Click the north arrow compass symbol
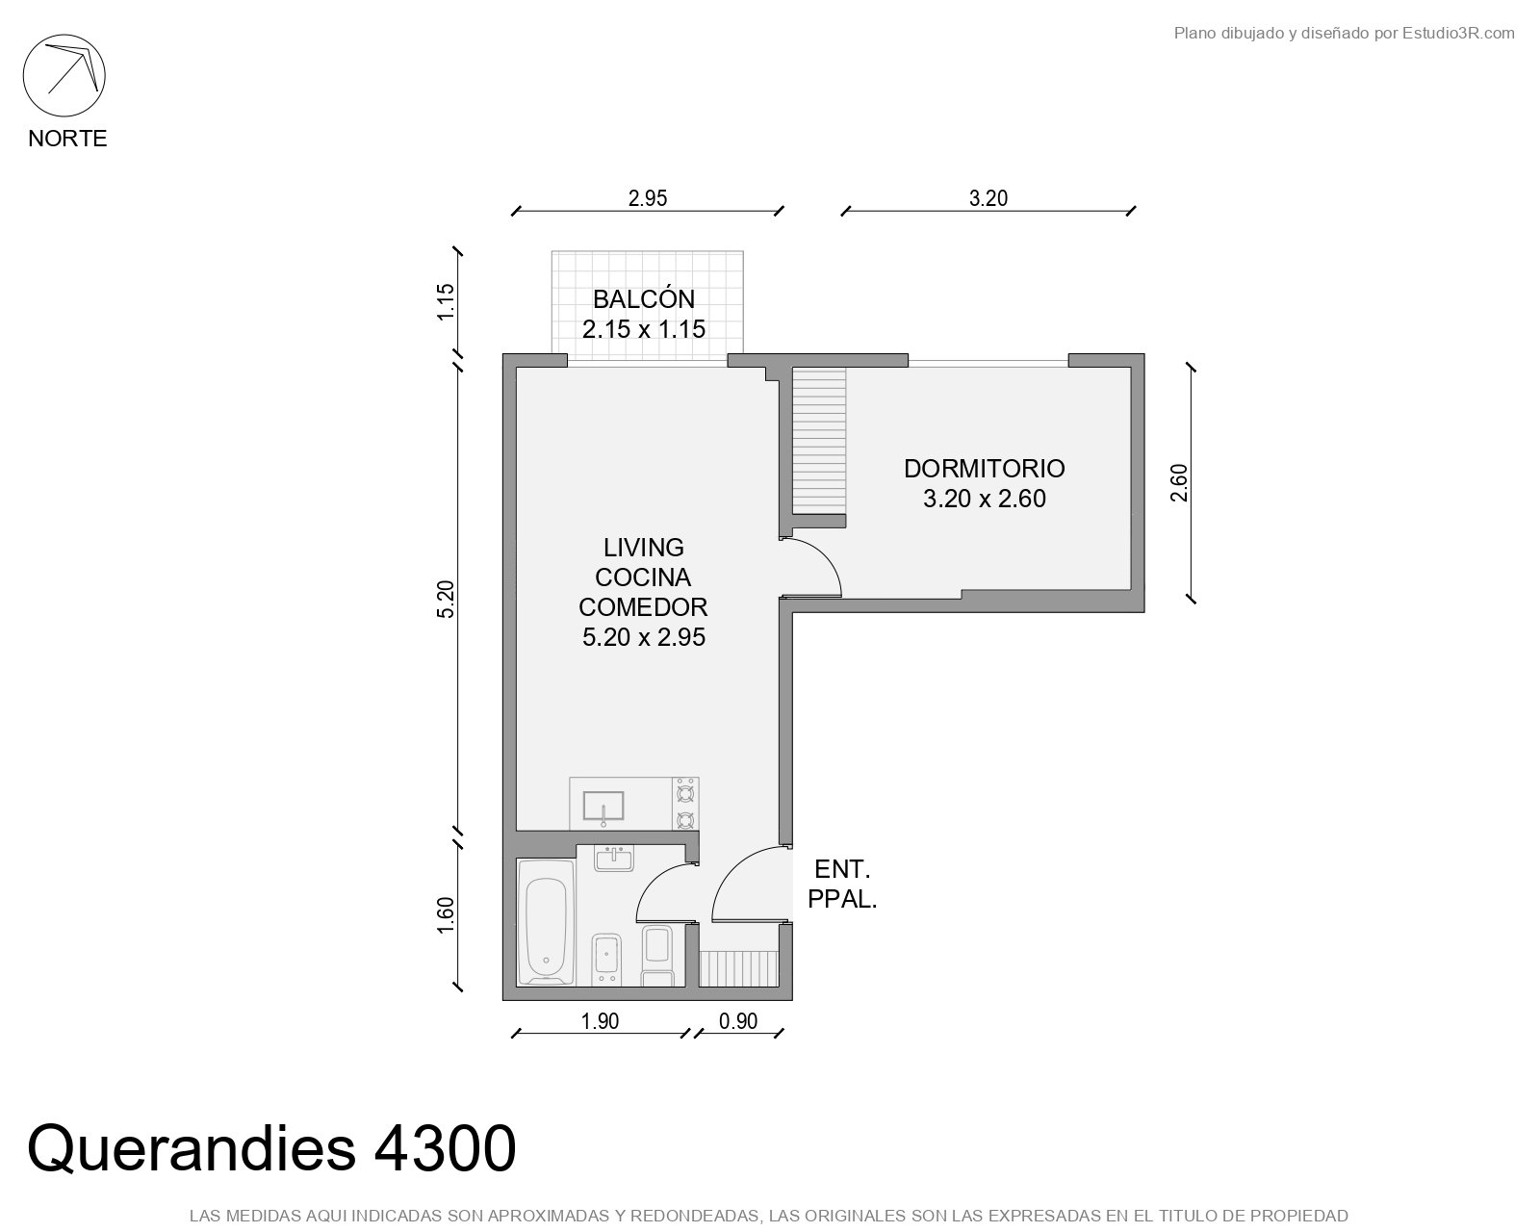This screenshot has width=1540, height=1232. click(64, 75)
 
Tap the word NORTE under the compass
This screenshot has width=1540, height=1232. click(67, 139)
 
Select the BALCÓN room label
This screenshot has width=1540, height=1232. click(643, 298)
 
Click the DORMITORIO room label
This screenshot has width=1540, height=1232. click(984, 468)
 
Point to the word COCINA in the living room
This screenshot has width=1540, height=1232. click(643, 577)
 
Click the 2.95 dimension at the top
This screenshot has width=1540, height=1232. click(648, 198)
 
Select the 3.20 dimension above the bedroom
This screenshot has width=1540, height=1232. click(988, 198)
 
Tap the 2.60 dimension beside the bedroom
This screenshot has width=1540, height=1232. click(1179, 483)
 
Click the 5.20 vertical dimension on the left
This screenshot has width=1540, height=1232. click(445, 600)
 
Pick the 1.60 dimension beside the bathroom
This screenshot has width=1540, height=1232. click(445, 915)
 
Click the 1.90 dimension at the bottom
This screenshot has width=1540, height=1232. click(600, 1021)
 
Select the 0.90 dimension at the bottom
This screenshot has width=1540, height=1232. click(738, 1021)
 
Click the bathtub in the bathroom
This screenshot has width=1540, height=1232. click(546, 922)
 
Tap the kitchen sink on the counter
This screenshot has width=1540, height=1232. click(603, 806)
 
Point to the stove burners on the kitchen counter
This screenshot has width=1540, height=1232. click(685, 804)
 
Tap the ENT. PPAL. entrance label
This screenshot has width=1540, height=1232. click(842, 885)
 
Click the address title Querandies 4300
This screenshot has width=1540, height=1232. click(271, 1149)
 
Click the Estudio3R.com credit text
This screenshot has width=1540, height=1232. click(1457, 33)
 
